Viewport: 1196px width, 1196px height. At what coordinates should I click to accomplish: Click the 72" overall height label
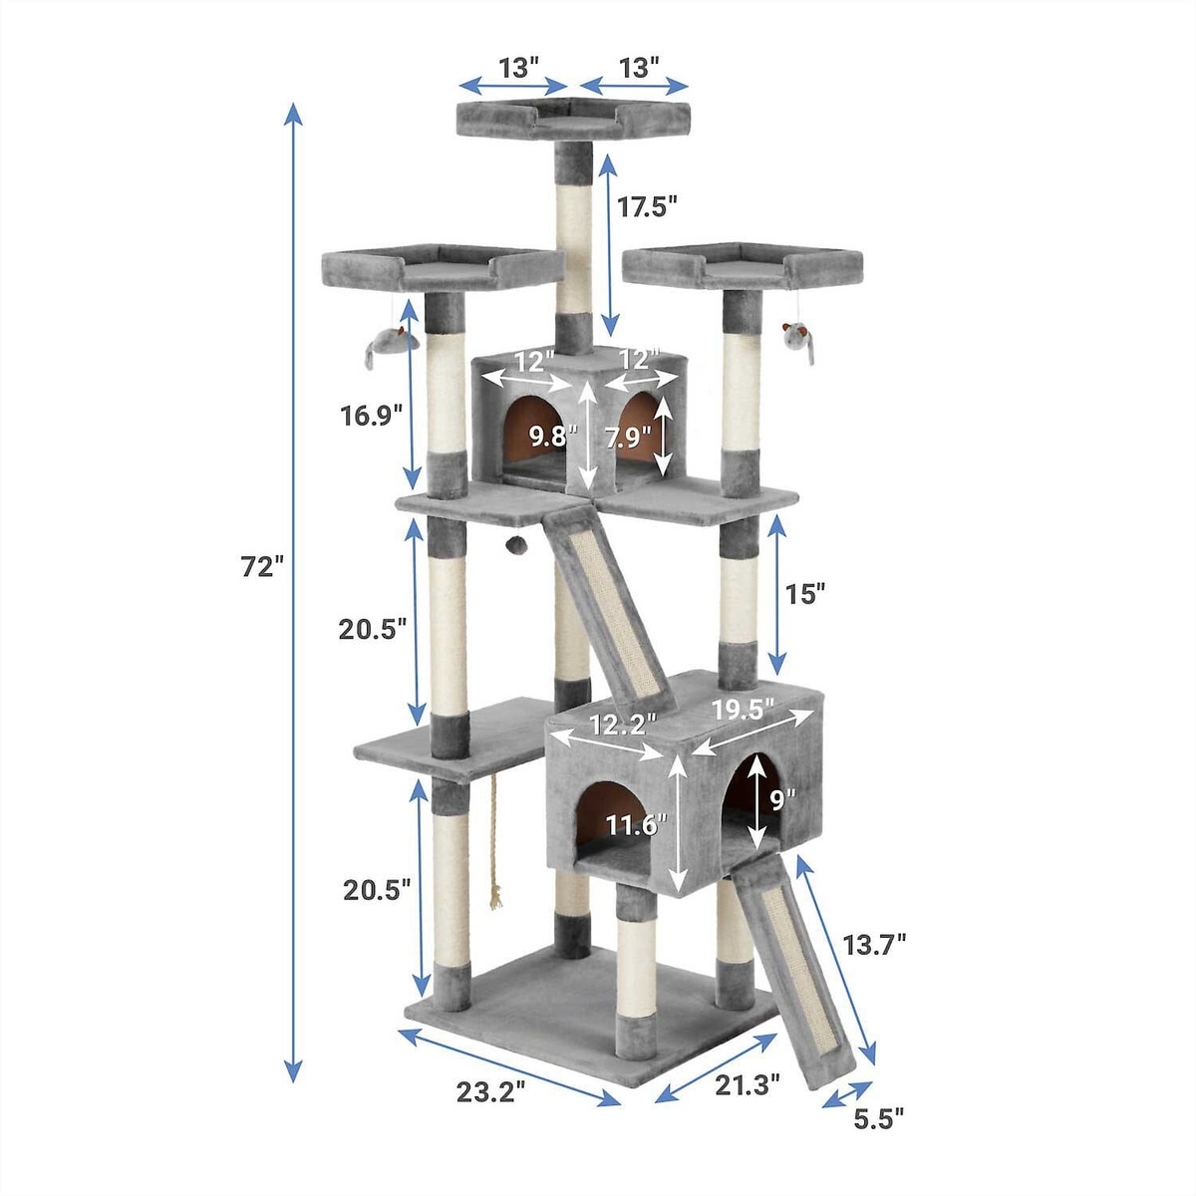point(262,566)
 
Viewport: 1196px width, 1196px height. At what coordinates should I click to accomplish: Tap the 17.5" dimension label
point(646,206)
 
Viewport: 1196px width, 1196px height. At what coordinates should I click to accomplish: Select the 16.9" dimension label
point(372,415)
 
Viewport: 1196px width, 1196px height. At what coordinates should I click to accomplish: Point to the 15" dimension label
point(804,594)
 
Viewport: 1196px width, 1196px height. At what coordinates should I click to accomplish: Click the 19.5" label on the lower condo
point(743,710)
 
